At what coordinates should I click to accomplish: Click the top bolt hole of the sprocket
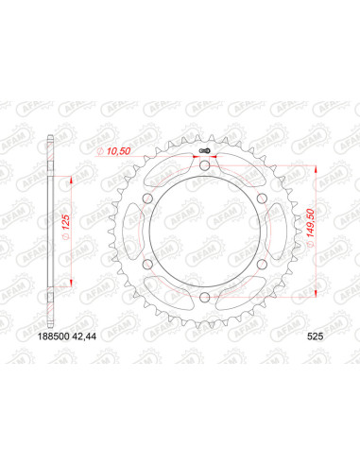[205, 169]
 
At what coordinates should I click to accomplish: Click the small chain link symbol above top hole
[205, 152]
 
